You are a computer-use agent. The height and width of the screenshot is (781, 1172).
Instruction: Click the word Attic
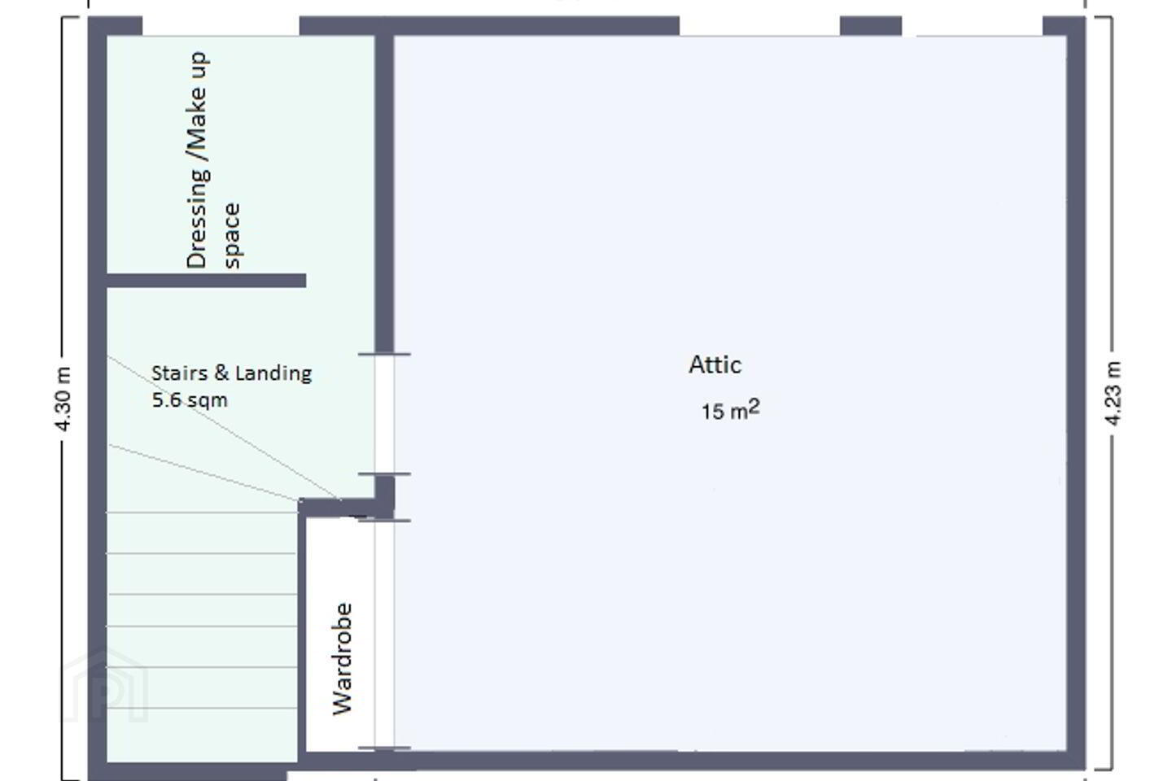pos(715,364)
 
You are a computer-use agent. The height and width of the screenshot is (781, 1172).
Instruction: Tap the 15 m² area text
pos(730,410)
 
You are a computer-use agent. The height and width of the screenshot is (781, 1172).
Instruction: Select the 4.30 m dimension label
pos(63,399)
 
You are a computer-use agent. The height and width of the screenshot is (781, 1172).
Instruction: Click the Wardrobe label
pos(343,659)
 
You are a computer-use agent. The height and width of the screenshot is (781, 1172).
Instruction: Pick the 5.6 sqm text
pos(190,400)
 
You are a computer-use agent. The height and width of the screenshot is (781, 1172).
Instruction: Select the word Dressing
pos(198,218)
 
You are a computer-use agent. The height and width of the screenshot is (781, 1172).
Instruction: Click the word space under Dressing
pos(232,236)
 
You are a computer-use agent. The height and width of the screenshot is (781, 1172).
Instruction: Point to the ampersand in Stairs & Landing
pos(222,373)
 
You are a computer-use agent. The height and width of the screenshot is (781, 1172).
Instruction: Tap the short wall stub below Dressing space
pos(206,281)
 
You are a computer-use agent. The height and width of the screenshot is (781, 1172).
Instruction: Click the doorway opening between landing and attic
pos(384,414)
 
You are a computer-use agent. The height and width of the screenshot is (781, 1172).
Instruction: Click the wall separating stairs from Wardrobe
pos(302,634)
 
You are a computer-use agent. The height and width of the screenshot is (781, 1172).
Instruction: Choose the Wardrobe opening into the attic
pos(384,634)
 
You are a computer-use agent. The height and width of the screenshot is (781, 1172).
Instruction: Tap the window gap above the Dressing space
pos(221,26)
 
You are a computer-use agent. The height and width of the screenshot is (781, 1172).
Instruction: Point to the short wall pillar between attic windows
pos(871,26)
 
